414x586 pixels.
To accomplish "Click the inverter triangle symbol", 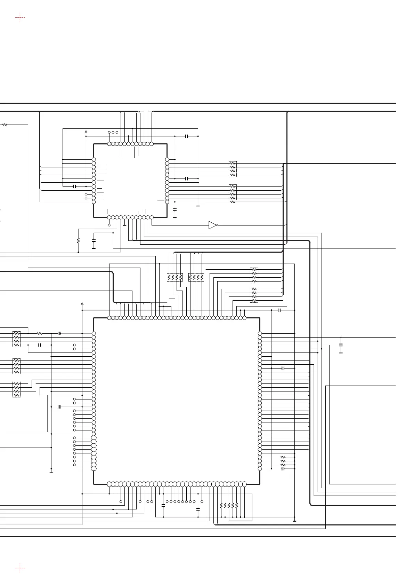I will point(212,225).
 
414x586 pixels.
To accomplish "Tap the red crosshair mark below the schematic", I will point(20,568).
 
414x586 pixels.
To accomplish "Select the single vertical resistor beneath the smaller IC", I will point(78,240).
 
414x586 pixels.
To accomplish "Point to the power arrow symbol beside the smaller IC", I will point(86,132).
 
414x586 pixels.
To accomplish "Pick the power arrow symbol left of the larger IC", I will point(82,304).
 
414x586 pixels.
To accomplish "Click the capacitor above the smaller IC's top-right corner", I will point(187,136).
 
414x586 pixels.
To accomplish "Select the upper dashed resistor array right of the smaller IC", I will point(233,169).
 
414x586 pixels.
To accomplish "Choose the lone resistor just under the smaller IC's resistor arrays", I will point(233,202).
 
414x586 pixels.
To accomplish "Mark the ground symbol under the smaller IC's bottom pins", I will point(124,225).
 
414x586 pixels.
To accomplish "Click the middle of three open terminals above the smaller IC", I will point(113,132).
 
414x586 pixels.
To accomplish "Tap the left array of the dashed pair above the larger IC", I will point(175,277).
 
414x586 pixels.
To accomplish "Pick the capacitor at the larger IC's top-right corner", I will point(279,310).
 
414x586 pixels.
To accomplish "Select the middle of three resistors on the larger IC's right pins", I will point(283,461).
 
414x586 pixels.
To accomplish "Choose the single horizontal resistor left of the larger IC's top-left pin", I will point(40,333).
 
